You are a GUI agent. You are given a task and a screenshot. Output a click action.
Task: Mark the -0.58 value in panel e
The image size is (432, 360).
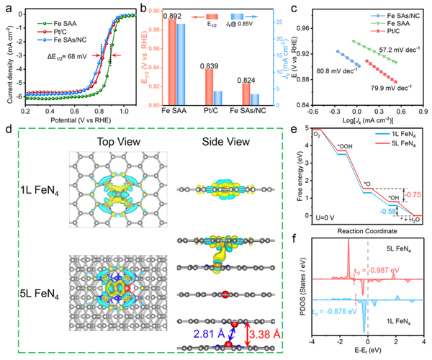tap(389, 211)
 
